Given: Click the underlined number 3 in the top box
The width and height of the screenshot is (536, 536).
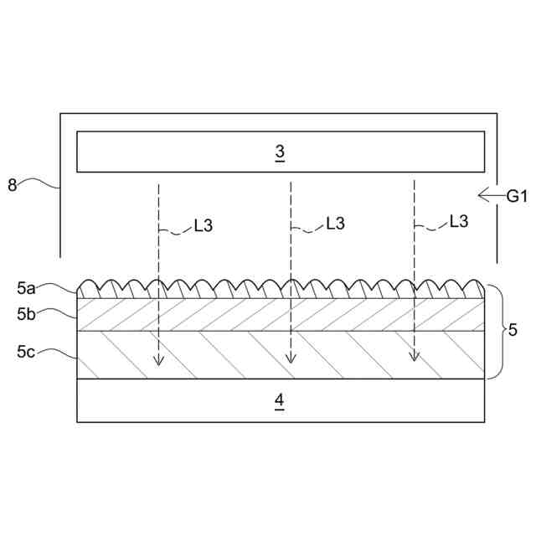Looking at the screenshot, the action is [x=280, y=152].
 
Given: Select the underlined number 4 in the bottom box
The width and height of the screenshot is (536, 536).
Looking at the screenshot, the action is [x=280, y=401].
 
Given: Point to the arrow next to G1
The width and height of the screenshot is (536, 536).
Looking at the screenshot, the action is [x=488, y=196].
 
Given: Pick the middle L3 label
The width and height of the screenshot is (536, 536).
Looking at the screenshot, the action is [x=335, y=224].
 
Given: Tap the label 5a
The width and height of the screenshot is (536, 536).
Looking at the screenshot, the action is [x=26, y=288].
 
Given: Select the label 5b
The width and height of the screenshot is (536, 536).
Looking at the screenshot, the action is [x=26, y=314].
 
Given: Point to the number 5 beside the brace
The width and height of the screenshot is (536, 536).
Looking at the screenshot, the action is [x=513, y=330].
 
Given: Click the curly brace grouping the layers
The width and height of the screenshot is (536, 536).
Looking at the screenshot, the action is [x=496, y=332].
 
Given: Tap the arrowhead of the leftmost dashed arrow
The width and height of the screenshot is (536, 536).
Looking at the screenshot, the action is [x=158, y=361].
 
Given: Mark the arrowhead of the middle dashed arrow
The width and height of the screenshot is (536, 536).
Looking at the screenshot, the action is [x=290, y=358].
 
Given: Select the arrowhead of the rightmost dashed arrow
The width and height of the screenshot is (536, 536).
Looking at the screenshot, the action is [x=414, y=357].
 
